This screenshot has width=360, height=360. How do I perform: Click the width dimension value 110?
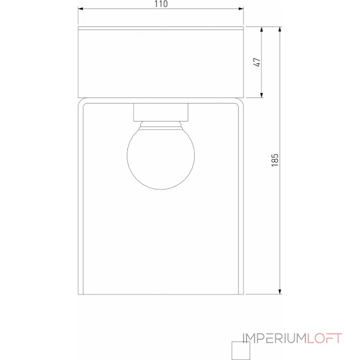pyautogui.click(x=161, y=4)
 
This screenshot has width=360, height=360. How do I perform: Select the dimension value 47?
pyautogui.click(x=256, y=62)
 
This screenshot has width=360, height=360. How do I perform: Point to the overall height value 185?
pyautogui.click(x=275, y=160)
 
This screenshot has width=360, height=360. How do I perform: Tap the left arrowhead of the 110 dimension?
pyautogui.click(x=81, y=9)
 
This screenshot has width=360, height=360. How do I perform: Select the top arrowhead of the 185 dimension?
pyautogui.click(x=280, y=29)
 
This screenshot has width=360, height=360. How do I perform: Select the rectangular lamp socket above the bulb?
pyautogui.click(x=161, y=112)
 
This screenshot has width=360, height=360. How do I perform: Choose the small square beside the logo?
pyautogui.click(x=240, y=350)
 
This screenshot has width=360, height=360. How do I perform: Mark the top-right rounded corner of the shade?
pyautogui.click(x=241, y=103)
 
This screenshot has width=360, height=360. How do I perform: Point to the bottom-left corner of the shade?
pyautogui.click(x=79, y=294)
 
